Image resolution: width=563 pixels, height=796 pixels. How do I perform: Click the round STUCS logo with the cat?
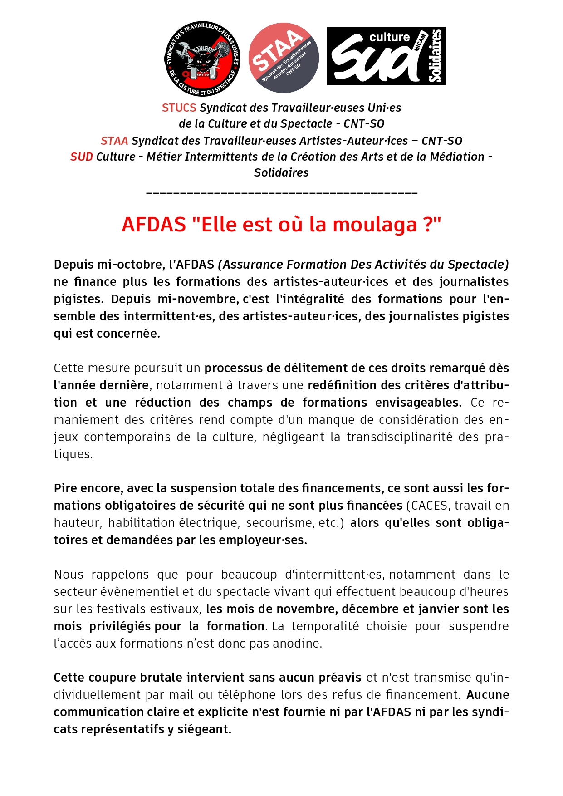click(202, 59)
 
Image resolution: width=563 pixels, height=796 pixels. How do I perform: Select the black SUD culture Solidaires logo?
click(386, 56)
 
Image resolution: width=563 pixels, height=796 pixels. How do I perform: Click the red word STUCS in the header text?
click(179, 108)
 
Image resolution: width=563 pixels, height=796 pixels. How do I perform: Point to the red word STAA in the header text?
click(114, 141)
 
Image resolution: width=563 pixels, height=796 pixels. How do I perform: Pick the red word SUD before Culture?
click(82, 157)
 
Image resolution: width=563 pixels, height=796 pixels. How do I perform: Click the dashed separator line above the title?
click(282, 194)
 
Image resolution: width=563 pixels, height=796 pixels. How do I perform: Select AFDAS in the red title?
click(154, 225)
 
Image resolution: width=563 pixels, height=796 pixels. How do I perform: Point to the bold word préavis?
click(339, 678)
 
